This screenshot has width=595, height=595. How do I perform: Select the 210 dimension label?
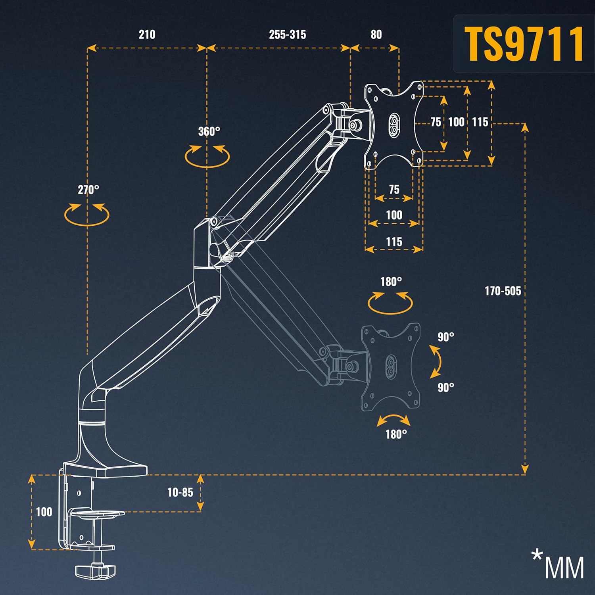(147, 35)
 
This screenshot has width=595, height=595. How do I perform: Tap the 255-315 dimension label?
(288, 35)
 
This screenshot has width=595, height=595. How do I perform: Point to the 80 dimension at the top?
(376, 35)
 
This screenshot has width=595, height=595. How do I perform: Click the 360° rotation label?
(209, 131)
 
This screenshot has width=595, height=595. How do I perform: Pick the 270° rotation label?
(88, 190)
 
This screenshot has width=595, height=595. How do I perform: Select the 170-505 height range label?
(503, 291)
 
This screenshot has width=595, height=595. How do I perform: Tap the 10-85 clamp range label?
(180, 492)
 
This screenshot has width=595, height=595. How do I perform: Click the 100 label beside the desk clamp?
(44, 512)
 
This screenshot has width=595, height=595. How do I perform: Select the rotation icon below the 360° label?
(207, 155)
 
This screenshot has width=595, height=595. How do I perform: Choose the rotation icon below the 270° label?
(86, 214)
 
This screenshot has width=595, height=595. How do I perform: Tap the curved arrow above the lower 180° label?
(393, 420)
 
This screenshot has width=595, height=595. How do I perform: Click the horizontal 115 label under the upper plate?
(394, 242)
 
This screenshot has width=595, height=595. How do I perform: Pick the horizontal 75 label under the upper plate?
(394, 189)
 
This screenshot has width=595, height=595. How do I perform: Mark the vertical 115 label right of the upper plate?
(480, 122)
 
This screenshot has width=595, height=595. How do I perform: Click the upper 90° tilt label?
(446, 337)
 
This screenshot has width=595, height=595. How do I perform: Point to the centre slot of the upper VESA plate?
(394, 125)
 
